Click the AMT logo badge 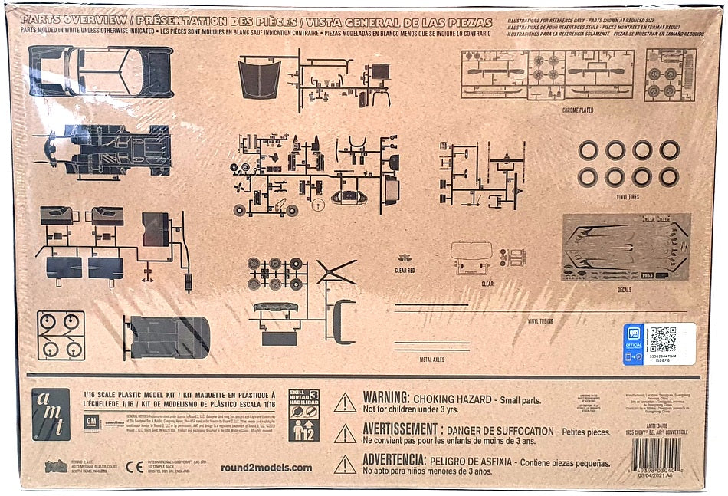51,414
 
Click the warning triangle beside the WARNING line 345,402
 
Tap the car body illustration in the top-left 100,71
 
